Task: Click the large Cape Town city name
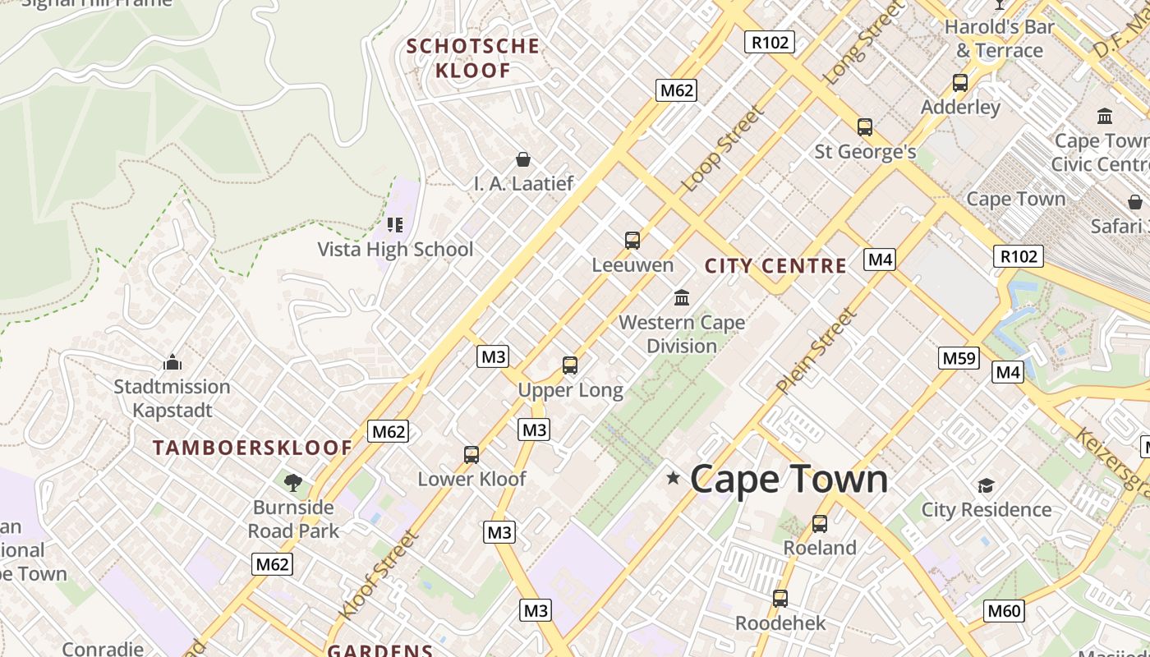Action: (789, 479)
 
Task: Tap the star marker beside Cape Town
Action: (673, 477)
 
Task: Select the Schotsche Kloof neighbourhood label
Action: (473, 57)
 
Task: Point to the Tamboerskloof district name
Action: (252, 448)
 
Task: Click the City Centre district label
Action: (775, 265)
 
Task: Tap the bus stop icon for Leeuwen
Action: (632, 241)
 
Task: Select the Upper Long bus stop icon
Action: (570, 365)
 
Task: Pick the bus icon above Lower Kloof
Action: (471, 455)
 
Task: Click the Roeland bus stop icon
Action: (819, 524)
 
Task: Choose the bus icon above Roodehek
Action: (780, 599)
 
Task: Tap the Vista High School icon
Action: (395, 225)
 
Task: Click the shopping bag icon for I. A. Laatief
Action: (522, 159)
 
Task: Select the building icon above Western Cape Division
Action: (682, 297)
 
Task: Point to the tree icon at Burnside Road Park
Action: (292, 482)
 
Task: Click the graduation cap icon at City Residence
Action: (986, 485)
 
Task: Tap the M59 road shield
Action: (959, 358)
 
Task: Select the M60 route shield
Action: (1003, 610)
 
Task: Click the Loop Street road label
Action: (723, 149)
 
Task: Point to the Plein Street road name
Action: (816, 350)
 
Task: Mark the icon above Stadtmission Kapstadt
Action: (172, 362)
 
